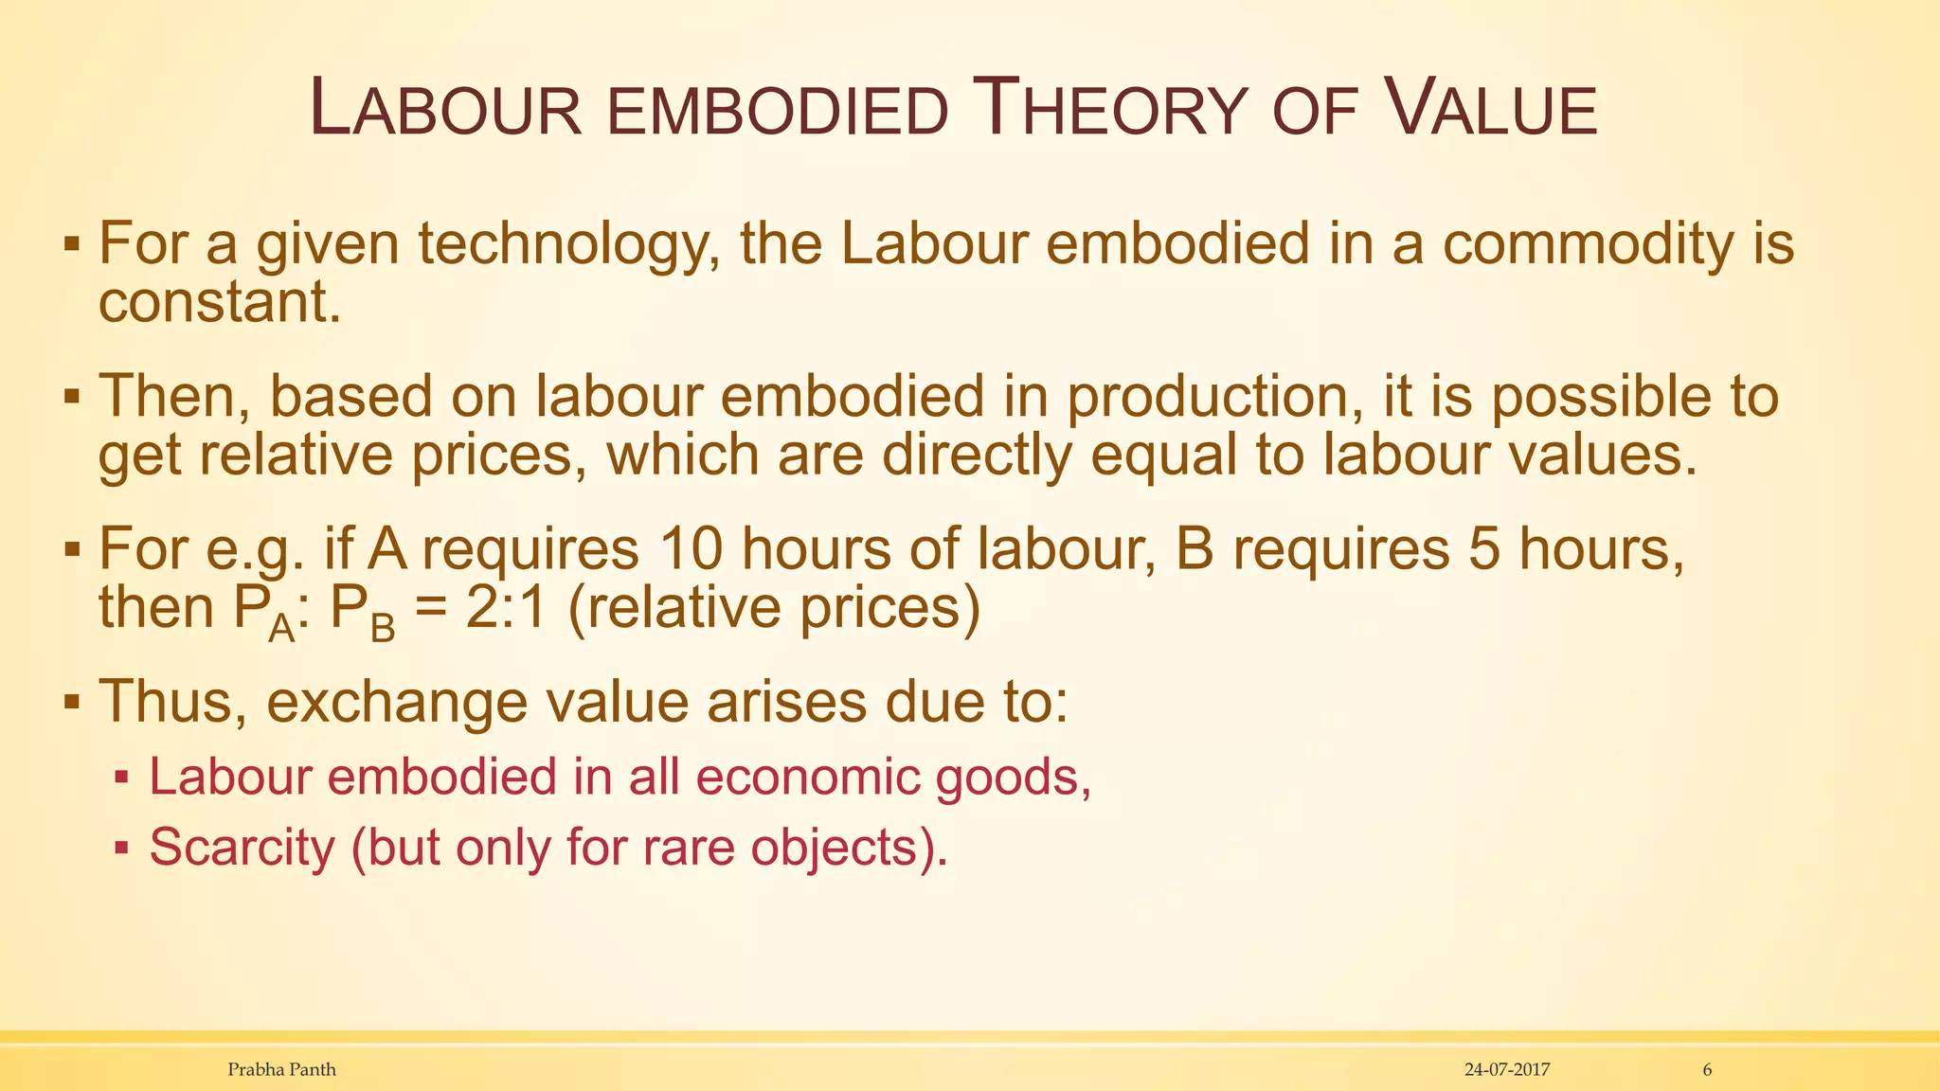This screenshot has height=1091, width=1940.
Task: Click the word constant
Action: point(219,302)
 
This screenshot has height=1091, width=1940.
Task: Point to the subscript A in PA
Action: point(281,627)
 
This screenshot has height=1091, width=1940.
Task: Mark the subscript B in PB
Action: point(382,627)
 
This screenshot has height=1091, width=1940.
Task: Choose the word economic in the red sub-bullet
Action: point(808,777)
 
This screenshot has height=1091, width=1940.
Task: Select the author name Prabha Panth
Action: point(281,1070)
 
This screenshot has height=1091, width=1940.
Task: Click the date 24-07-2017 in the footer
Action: point(1507,1070)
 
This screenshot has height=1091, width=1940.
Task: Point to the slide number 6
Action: point(1707,1070)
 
